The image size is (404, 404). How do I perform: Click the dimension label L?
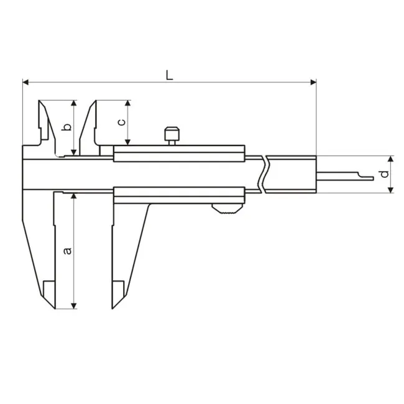[169, 75]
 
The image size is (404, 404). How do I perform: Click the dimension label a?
[68, 250]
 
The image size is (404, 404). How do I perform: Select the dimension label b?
[67, 127]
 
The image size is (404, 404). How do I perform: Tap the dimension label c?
[122, 122]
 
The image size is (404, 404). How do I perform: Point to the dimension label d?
[385, 174]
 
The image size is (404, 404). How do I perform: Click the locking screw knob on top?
[172, 134]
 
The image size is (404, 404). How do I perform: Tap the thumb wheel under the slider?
[227, 209]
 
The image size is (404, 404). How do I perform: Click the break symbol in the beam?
[264, 174]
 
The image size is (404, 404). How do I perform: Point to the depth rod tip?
[372, 178]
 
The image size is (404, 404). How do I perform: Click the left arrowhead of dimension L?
[25, 83]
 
